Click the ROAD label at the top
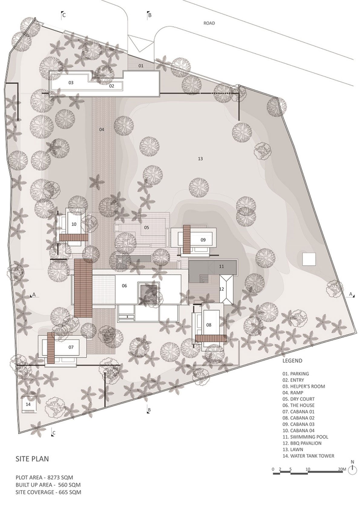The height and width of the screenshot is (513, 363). [x=209, y=23]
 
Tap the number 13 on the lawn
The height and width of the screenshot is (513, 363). [x=200, y=158]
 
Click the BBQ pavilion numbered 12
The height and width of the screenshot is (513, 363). [x=226, y=289]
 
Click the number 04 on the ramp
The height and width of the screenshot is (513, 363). [x=102, y=130]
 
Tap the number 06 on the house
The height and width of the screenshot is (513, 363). [x=124, y=286]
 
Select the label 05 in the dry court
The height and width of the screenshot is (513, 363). [x=147, y=227]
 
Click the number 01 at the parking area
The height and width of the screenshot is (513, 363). [x=141, y=66]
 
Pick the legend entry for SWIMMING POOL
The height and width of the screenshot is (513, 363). [x=305, y=437]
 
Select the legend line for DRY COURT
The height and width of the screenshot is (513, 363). [x=298, y=399]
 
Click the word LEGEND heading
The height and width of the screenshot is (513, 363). [x=292, y=361]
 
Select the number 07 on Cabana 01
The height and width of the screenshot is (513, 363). [x=71, y=347]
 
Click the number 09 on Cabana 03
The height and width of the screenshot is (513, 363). [x=203, y=240]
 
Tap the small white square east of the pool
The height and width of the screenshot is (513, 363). [x=309, y=259]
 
